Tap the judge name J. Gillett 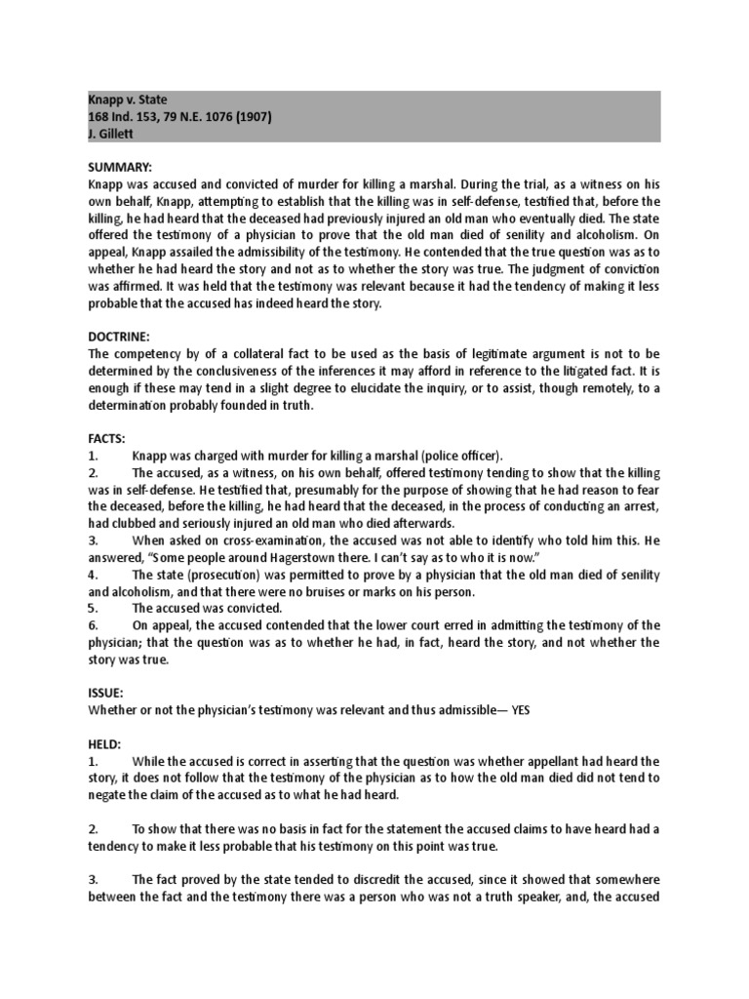(x=110, y=134)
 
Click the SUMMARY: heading (x=118, y=167)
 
